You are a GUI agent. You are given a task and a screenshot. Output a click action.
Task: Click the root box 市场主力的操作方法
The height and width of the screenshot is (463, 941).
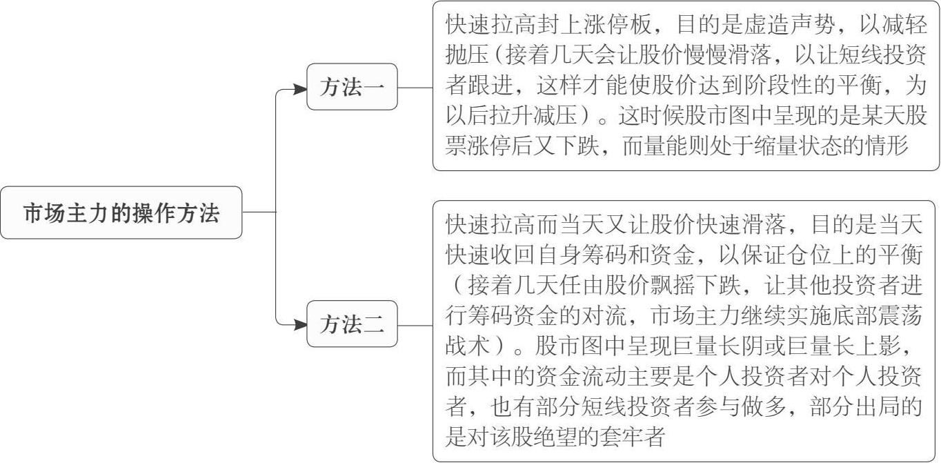[x=121, y=213]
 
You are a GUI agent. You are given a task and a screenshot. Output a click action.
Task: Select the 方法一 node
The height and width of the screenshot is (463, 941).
[x=352, y=88]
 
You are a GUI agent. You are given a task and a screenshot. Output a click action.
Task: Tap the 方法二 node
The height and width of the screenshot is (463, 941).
[x=352, y=324]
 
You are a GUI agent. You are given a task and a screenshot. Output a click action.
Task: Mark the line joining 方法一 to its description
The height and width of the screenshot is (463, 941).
[x=415, y=88]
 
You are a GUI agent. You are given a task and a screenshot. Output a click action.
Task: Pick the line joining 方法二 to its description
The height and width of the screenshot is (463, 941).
[x=415, y=324]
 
